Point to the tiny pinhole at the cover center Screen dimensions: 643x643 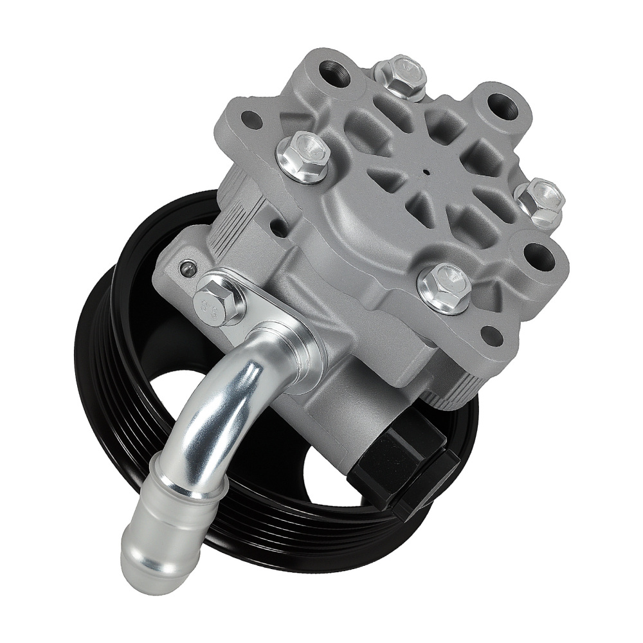(x=426, y=172)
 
